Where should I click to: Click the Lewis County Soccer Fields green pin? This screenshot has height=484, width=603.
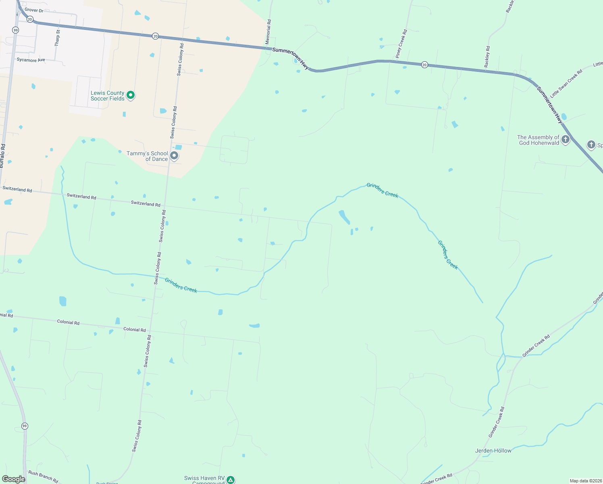pos(130,95)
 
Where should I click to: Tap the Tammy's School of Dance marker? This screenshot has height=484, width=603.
pos(174,156)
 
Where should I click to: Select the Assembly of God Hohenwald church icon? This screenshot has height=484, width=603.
pos(566,140)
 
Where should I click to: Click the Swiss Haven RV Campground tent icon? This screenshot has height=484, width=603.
pos(230,480)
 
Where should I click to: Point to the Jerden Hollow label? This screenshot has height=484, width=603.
pos(493,451)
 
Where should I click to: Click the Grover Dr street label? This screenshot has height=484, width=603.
pos(34,10)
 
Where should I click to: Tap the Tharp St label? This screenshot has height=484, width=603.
pos(57,38)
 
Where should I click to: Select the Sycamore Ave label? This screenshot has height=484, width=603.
pos(31,60)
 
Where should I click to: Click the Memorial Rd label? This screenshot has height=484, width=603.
pos(269,32)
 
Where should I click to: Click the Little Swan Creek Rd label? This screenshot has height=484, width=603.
pos(566,83)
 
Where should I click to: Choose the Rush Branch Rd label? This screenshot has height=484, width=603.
pos(43,476)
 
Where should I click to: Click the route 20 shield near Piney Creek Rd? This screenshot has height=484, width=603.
pos(424,65)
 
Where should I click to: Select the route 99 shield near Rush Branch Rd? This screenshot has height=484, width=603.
pos(25,426)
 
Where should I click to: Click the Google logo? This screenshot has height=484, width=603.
pos(13,479)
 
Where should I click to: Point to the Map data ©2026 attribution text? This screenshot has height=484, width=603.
pos(585,481)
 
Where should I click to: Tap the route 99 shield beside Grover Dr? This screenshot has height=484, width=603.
pos(15,30)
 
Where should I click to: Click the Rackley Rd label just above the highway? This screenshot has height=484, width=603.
pos(487,57)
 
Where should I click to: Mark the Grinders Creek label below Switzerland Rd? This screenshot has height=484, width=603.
pos(181,285)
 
